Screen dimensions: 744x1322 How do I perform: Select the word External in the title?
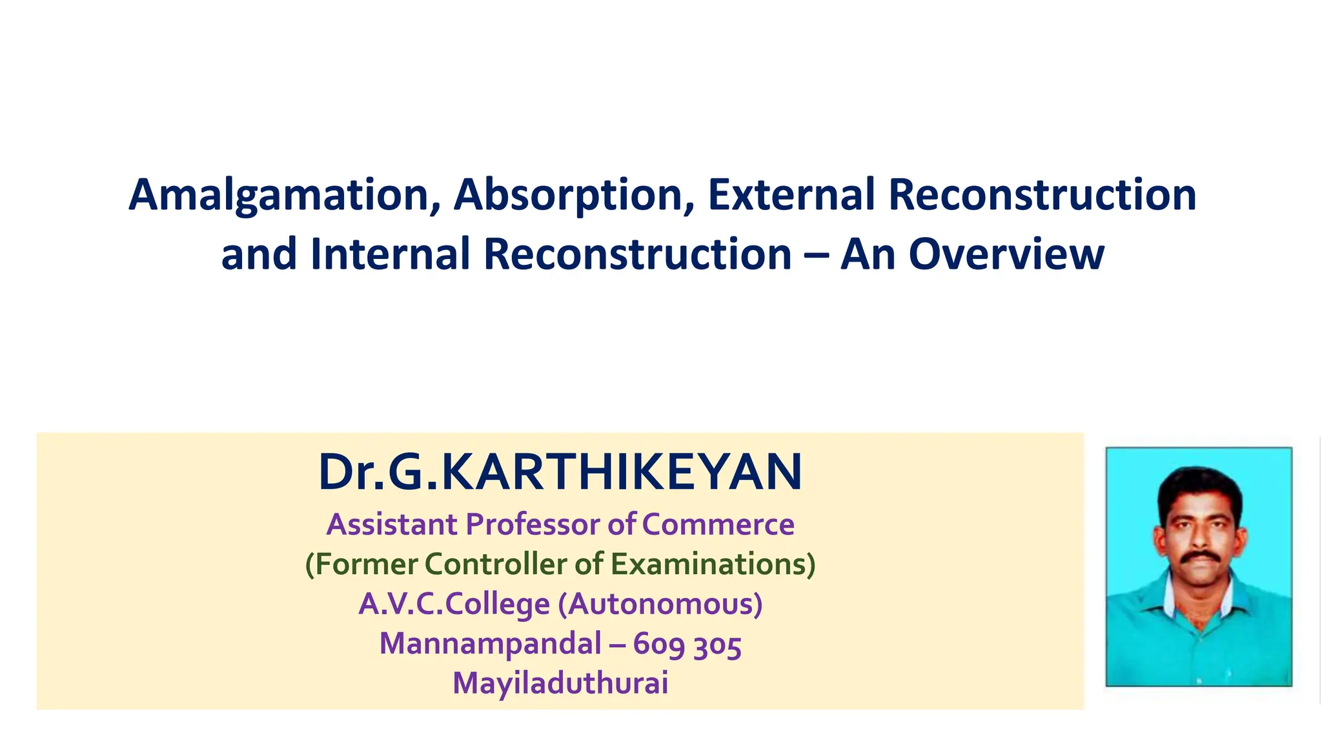point(791,194)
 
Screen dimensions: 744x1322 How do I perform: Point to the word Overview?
point(1006,254)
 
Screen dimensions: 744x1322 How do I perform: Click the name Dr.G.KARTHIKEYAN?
point(560,473)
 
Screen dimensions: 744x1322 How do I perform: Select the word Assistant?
point(392,524)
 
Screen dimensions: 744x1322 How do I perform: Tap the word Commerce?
point(718,524)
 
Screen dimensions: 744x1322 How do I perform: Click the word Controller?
point(496,564)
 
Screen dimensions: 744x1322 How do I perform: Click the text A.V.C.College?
point(454,604)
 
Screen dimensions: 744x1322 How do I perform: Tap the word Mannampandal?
point(490,644)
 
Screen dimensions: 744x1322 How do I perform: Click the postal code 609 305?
point(687,645)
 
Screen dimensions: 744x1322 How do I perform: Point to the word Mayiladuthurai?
point(560,683)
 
